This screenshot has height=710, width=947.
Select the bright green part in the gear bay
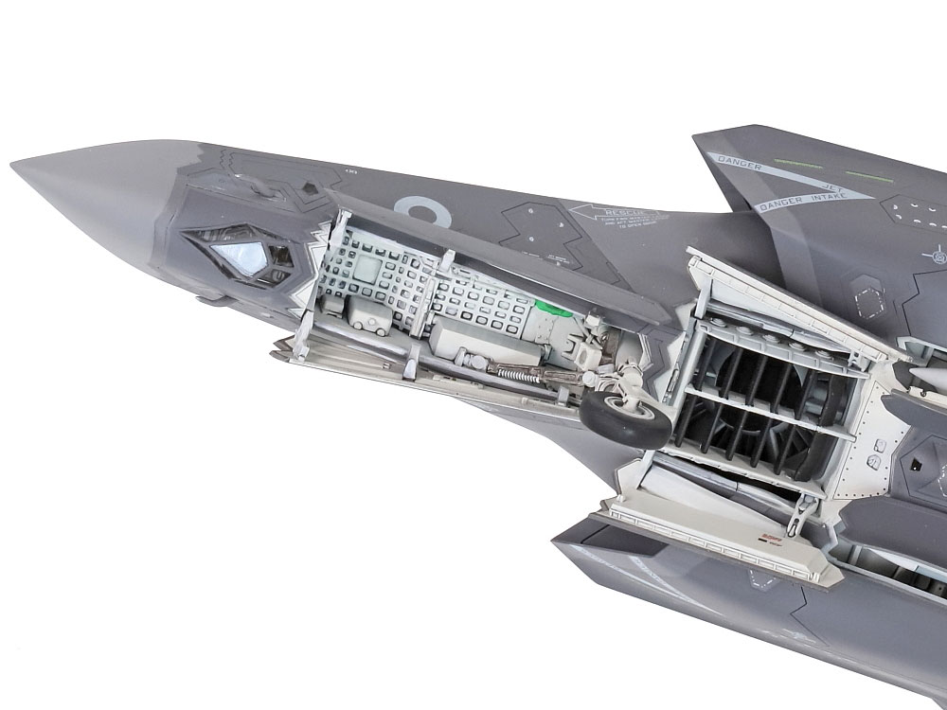click(x=552, y=308)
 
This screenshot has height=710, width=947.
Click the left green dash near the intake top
click(x=796, y=163)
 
